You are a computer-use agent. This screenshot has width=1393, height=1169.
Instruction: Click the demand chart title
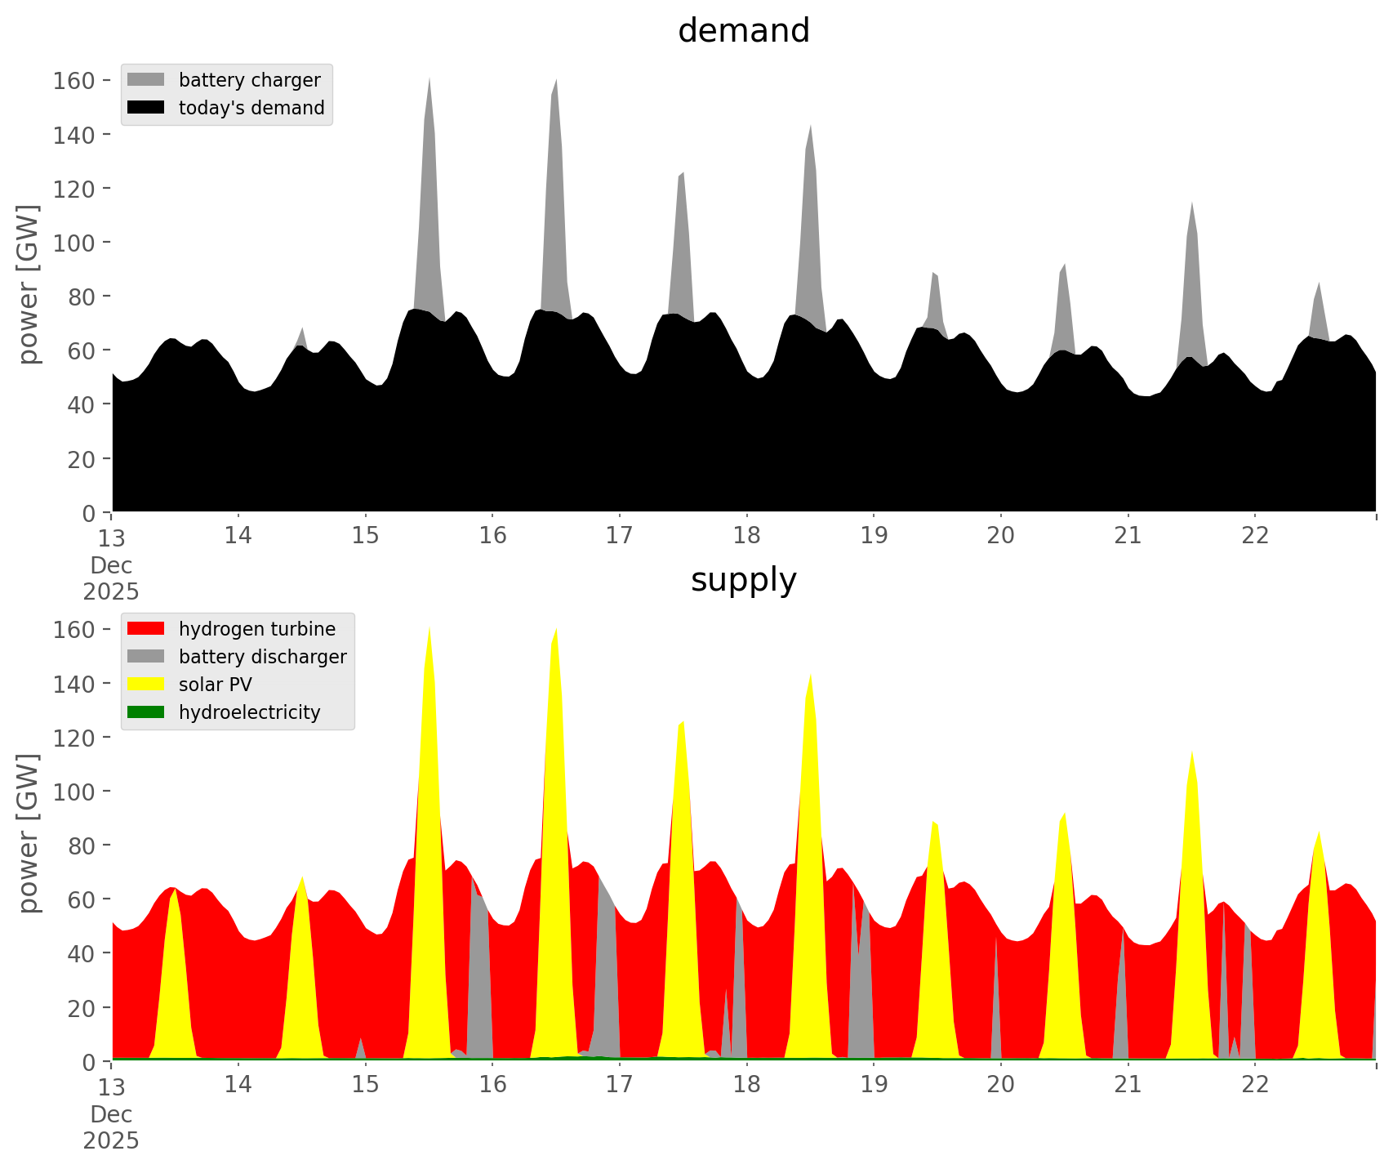tap(743, 31)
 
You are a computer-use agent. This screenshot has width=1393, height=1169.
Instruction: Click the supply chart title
tap(743, 580)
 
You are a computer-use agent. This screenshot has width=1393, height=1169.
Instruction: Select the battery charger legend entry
tap(249, 80)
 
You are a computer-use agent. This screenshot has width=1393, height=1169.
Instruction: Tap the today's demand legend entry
tap(251, 108)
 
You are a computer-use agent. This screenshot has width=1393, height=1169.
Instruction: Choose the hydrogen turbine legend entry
tap(256, 629)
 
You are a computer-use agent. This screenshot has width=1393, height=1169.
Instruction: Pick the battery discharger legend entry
tap(262, 657)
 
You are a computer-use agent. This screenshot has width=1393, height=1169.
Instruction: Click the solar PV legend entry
tap(215, 685)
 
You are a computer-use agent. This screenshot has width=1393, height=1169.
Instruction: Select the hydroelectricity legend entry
tap(249, 712)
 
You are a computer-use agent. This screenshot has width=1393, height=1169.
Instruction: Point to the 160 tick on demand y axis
tap(74, 80)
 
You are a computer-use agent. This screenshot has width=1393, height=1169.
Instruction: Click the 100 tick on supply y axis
tap(74, 792)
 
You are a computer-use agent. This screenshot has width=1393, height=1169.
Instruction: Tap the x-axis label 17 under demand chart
tap(619, 536)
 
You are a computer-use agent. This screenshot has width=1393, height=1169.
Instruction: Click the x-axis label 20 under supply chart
tap(1000, 1085)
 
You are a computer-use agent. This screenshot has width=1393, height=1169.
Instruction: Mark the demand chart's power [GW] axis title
tap(28, 284)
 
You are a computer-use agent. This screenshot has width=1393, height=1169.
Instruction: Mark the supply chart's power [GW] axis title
tap(28, 833)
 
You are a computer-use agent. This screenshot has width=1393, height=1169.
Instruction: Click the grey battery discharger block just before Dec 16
tap(480, 980)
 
